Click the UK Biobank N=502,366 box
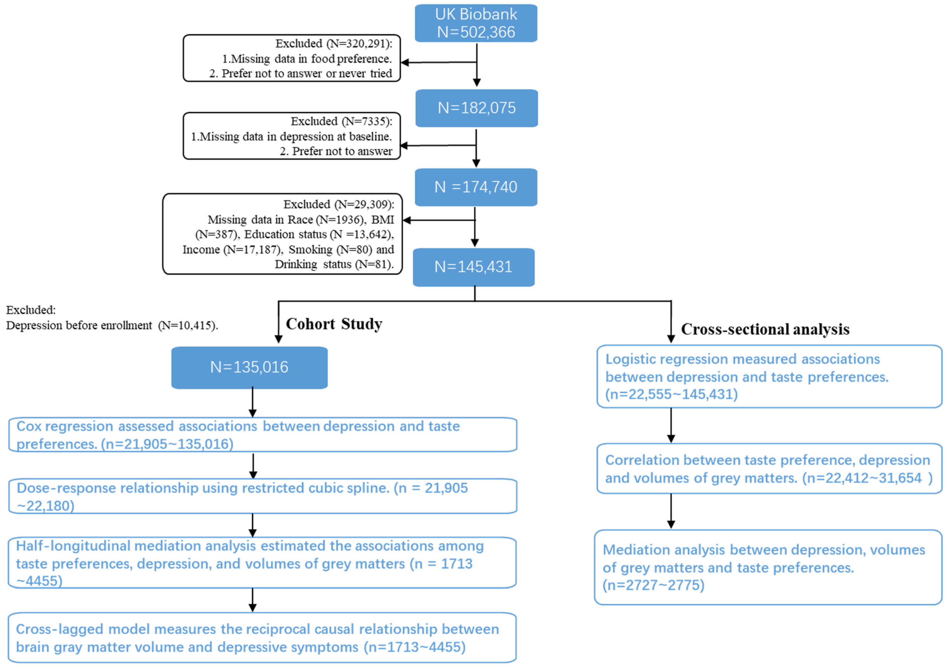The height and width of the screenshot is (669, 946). (476, 23)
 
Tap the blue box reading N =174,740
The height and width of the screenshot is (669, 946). (476, 187)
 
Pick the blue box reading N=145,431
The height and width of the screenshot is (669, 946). (474, 267)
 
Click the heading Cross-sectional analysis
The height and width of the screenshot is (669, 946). (765, 329)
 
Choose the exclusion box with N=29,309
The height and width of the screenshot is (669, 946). (283, 234)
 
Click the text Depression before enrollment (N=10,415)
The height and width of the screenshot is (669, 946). (112, 325)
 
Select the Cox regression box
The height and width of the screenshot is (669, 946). (263, 435)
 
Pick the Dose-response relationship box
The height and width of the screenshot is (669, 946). (263, 496)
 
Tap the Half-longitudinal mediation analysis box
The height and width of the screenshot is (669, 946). (262, 563)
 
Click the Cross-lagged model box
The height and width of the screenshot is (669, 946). (262, 638)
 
